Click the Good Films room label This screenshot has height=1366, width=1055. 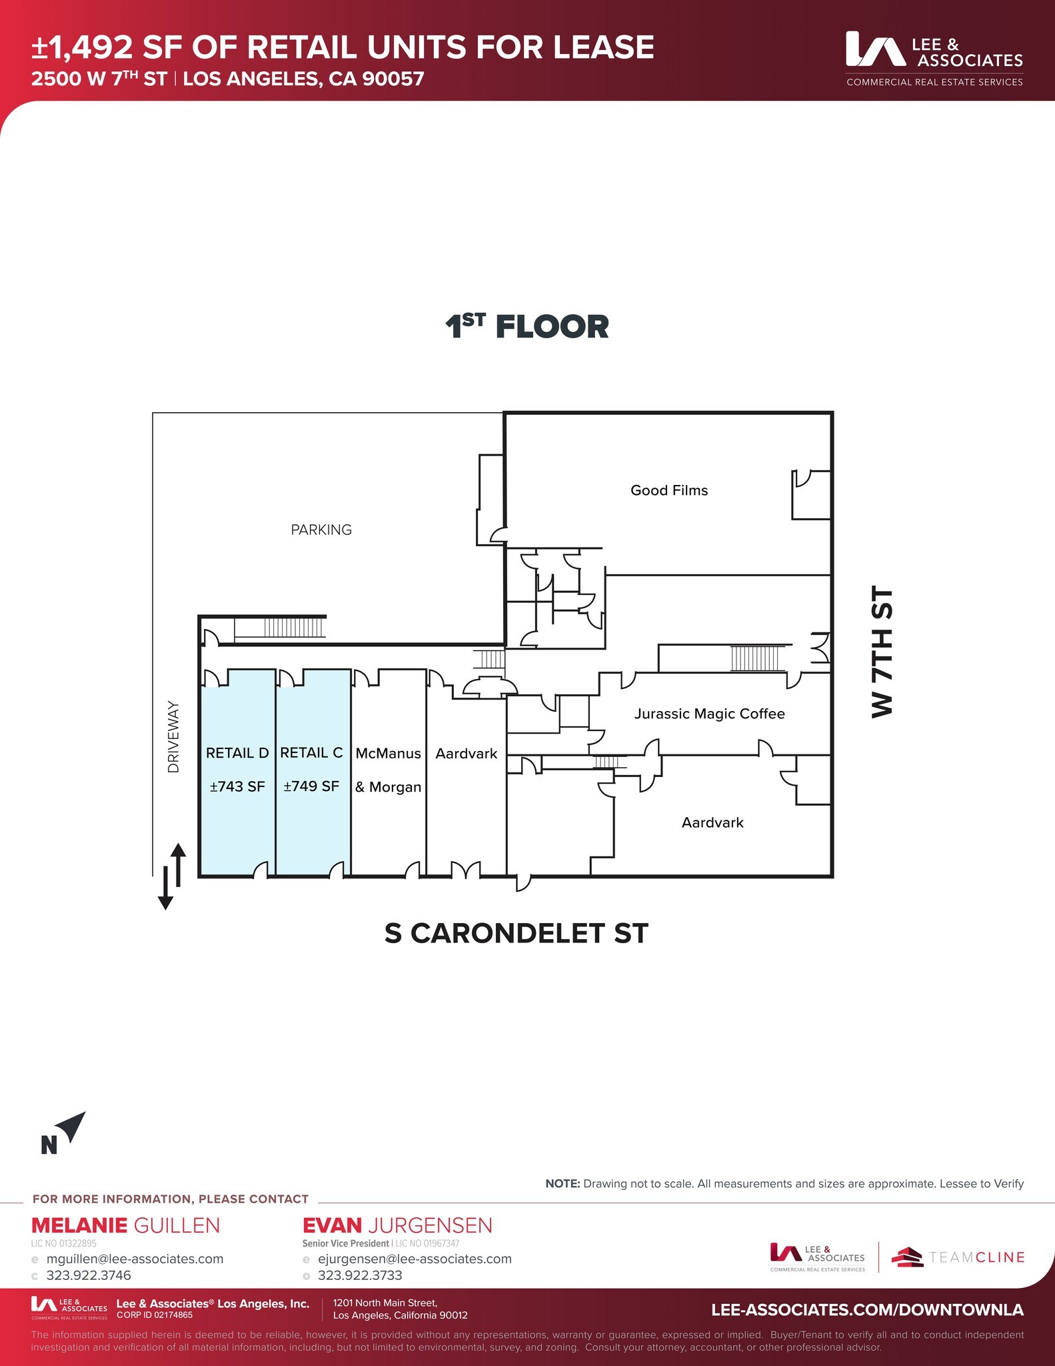[669, 490]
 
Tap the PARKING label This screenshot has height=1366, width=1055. [321, 530]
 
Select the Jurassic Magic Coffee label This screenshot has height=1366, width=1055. [709, 714]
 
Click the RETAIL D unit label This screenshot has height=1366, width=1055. [237, 753]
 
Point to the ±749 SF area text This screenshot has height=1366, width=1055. [311, 786]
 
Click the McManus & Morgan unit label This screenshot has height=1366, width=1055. [388, 770]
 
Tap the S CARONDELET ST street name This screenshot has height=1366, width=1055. [516, 933]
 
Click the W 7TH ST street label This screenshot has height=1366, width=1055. [882, 652]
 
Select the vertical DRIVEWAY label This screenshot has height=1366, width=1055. [174, 736]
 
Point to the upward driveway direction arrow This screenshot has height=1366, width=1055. [179, 860]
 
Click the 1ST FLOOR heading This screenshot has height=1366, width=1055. [527, 327]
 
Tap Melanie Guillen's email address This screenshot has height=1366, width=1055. [135, 1259]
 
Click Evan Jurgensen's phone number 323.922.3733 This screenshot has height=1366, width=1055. [360, 1275]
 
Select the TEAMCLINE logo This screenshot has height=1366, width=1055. [958, 1257]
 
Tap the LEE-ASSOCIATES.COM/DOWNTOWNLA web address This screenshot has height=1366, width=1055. [867, 1309]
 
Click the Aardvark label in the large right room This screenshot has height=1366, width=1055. [712, 822]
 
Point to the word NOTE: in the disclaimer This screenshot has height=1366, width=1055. [562, 1183]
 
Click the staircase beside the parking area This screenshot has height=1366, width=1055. [294, 628]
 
